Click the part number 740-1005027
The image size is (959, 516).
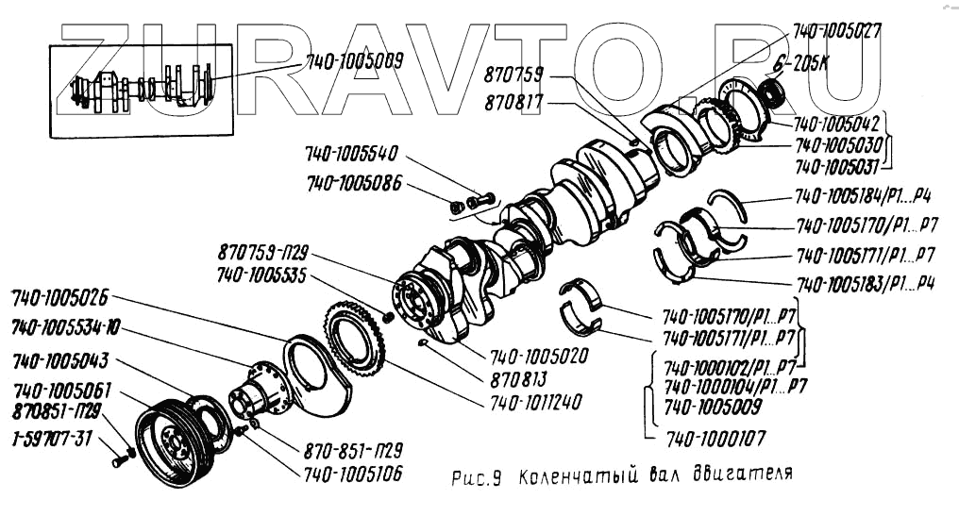coord(836,31)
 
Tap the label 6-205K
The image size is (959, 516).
coord(794,65)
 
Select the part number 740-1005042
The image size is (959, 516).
coord(836,125)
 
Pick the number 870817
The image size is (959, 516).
coord(514,101)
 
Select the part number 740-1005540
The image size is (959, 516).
coord(351,155)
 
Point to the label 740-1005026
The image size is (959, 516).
coord(59,300)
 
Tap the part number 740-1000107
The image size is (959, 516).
coord(716,438)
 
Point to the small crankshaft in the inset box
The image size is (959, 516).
coord(142,89)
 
